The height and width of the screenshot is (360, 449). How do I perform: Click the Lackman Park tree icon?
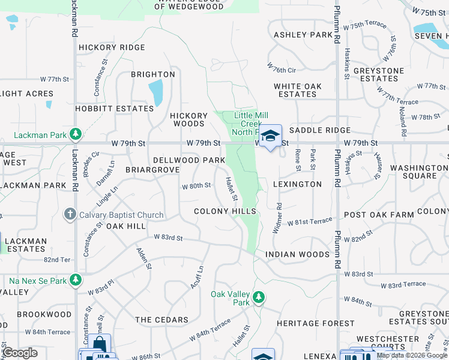coord(76,133)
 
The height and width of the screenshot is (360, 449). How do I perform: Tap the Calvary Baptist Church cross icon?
coord(70,214)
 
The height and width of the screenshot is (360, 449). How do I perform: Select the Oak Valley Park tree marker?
coord(259,296)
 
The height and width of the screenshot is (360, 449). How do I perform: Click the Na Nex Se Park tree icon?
coord(76,280)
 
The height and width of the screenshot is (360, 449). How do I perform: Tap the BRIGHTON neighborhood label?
coord(154,74)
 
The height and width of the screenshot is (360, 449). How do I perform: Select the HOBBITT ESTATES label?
coord(115,109)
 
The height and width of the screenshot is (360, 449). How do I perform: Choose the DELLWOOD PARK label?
coord(189,160)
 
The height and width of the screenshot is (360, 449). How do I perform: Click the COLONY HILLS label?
coord(225,211)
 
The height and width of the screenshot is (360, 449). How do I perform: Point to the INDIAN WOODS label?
coord(298,254)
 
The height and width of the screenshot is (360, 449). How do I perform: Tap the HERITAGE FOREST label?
coord(316,323)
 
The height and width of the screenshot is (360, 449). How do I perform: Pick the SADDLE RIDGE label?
coord(319,130)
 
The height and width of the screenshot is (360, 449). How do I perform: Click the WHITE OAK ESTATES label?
coord(298,90)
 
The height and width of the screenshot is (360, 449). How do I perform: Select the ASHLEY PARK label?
coord(303,35)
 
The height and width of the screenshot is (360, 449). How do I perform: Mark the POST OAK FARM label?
coord(379,214)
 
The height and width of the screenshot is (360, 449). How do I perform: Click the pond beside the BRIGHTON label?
coord(155,92)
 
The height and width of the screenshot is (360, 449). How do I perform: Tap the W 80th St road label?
coord(196,185)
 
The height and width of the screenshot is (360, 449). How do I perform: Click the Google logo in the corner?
coord(20,353)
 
